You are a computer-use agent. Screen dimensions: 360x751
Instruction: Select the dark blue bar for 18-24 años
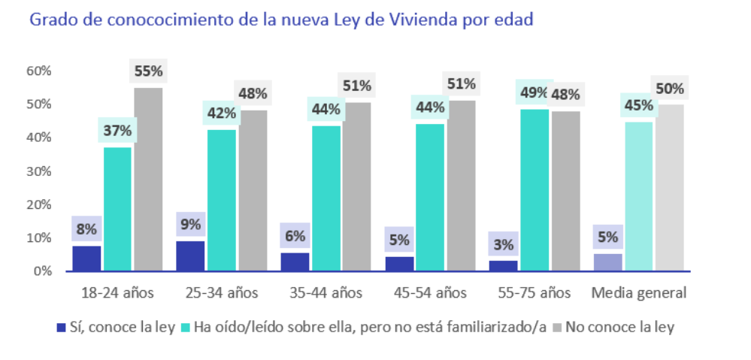click(86, 258)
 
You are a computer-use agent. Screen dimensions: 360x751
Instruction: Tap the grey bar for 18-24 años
click(148, 179)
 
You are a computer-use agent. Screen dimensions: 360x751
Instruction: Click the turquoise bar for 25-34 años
click(221, 200)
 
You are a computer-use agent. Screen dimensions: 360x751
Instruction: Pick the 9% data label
click(190, 223)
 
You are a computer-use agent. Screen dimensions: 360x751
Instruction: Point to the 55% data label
click(148, 71)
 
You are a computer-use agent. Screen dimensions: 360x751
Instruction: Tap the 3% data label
click(503, 244)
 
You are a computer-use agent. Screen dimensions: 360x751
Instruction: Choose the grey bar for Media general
click(668, 187)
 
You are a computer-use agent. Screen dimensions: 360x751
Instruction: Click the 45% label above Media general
click(637, 105)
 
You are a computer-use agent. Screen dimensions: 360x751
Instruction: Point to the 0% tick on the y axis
click(42, 271)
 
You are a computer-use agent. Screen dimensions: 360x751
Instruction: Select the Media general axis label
click(638, 293)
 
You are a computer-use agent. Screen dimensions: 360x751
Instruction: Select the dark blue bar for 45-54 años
click(399, 264)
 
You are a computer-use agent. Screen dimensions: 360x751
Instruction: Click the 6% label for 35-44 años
click(295, 235)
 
